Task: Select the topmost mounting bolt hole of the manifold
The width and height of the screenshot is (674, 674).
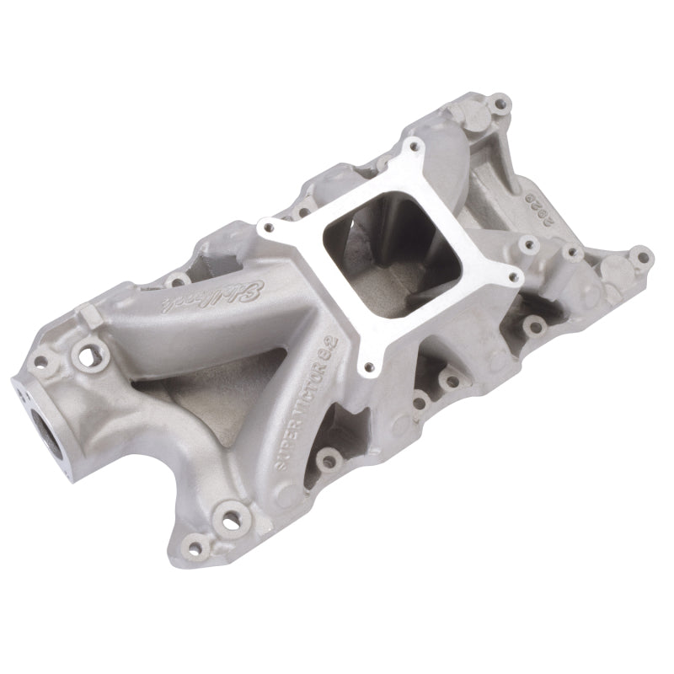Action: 501,106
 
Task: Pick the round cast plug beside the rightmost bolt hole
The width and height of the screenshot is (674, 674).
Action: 612,268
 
